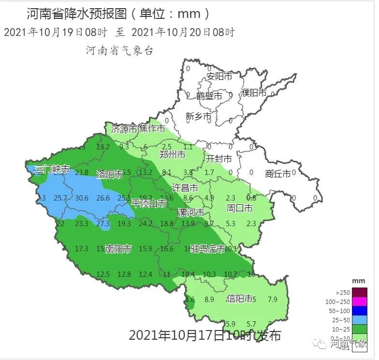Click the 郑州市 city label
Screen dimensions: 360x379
172,155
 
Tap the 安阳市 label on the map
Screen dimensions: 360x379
219,76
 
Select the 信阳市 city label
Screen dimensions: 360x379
240,299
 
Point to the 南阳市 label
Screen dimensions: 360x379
118,249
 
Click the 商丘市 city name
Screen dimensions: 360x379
278,173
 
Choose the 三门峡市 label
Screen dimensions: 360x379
52,170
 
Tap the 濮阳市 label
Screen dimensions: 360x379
254,93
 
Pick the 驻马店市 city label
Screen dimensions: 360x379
208,249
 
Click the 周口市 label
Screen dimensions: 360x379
240,208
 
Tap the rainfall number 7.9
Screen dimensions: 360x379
272,299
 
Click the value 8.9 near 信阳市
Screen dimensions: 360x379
209,299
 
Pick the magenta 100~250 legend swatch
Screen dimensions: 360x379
360,302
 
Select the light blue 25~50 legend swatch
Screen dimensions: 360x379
360,320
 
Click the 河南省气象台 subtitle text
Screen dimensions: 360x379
119,50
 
